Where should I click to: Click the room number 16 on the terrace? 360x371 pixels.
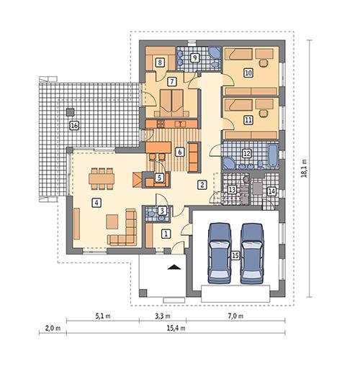pyautogui.click(x=73, y=126)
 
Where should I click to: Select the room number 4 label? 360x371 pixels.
pyautogui.click(x=95, y=202)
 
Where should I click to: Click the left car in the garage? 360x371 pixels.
pyautogui.click(x=219, y=252)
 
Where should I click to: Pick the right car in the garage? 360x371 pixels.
pyautogui.click(x=252, y=252)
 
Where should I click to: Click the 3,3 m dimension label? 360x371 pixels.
pyautogui.click(x=162, y=314)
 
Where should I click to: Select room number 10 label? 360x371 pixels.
pyautogui.click(x=248, y=73)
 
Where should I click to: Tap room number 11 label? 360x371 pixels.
pyautogui.click(x=248, y=121)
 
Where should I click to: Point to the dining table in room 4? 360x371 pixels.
pyautogui.click(x=101, y=177)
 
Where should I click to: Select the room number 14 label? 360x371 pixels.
pyautogui.click(x=271, y=191)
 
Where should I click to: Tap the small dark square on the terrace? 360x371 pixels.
pyautogui.click(x=70, y=111)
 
